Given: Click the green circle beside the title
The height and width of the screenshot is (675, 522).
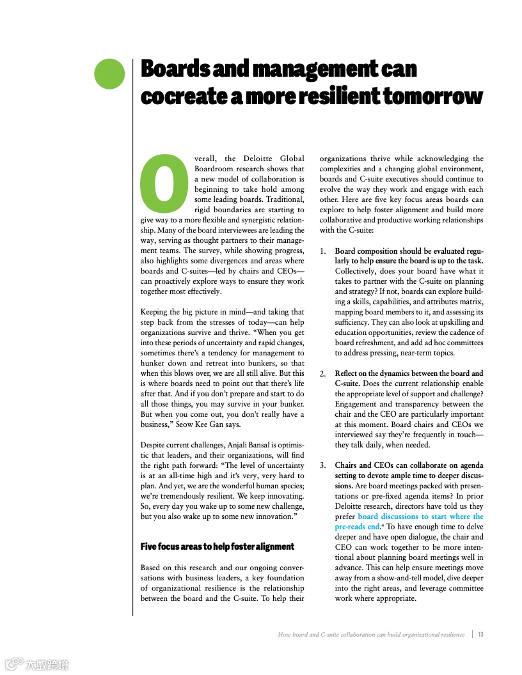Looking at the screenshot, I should (109, 74).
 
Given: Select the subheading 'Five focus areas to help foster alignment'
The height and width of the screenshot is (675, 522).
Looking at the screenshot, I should (217, 547).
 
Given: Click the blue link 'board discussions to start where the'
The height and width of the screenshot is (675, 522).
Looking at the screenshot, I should (420, 516).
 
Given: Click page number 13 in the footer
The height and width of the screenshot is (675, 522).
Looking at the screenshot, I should (480, 635).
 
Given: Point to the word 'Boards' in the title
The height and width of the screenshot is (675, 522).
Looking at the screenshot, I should (175, 69).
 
